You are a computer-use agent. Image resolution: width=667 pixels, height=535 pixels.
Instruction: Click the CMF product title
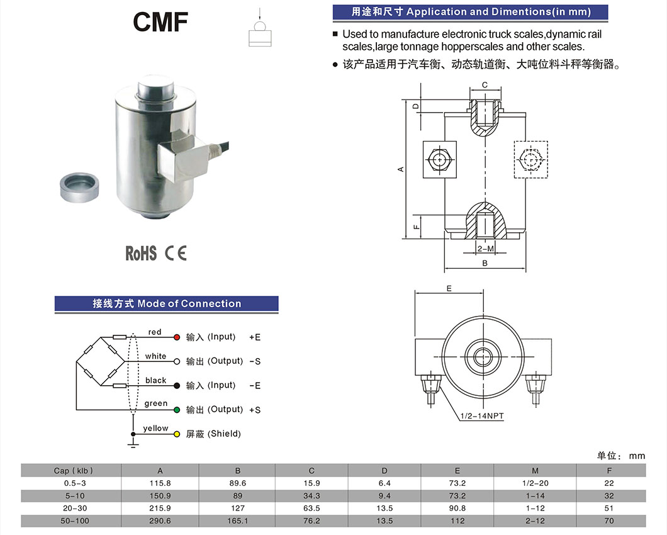[160, 21]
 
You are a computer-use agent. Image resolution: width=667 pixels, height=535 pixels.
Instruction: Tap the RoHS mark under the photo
[141, 253]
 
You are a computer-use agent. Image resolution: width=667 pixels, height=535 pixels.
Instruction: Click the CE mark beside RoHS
[176, 253]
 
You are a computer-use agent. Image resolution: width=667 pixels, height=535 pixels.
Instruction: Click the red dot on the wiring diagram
[177, 337]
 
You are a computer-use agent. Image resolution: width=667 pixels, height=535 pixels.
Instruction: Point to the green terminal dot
[177, 410]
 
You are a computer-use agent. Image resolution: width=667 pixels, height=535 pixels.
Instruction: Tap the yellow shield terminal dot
[177, 434]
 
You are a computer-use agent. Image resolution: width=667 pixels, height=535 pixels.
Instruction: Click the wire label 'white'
[155, 356]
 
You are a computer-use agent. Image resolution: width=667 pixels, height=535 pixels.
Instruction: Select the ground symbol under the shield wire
[133, 444]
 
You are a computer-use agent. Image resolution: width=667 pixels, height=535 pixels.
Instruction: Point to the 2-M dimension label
[485, 250]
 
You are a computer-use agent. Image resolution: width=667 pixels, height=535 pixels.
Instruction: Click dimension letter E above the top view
[449, 288]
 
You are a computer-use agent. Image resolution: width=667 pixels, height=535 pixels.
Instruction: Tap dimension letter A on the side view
[400, 169]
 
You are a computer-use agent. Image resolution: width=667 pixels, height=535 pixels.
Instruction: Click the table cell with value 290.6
[160, 521]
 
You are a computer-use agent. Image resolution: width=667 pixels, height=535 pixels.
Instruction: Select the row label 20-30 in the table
[70, 508]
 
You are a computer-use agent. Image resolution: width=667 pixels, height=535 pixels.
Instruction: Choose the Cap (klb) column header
[70, 470]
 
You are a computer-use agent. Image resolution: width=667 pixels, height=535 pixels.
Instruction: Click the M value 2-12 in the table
[535, 521]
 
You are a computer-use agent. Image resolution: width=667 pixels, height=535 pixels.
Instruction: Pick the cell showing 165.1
[237, 521]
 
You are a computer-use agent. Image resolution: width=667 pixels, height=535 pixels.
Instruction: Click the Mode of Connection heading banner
[167, 304]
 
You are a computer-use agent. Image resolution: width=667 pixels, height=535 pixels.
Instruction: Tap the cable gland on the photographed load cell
[216, 150]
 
